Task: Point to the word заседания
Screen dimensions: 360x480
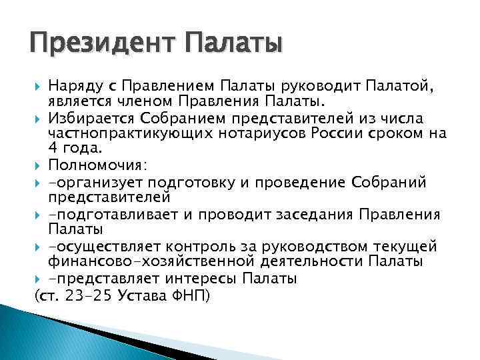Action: coord(316,214)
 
